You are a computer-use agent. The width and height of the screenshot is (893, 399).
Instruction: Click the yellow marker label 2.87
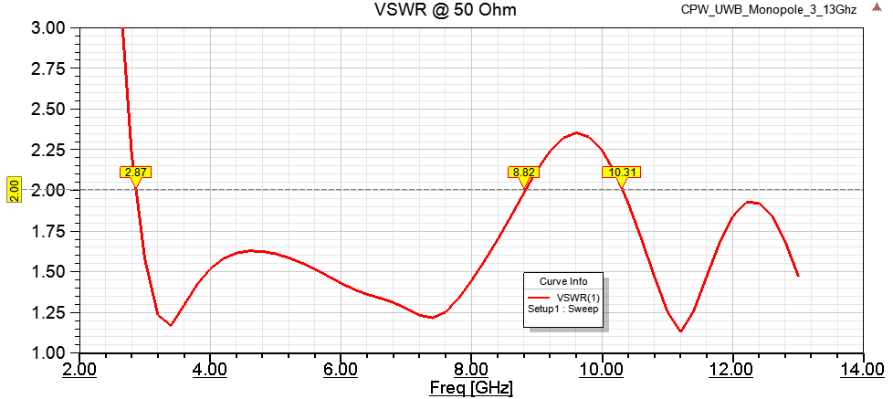[x=135, y=172]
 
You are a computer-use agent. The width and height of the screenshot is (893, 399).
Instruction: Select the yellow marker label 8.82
[x=523, y=172]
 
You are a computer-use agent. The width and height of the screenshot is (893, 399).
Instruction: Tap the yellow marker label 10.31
[x=621, y=172]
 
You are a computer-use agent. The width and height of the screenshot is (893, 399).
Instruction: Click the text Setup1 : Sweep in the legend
[x=562, y=310]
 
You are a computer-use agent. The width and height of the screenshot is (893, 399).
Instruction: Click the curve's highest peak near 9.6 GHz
[x=576, y=132]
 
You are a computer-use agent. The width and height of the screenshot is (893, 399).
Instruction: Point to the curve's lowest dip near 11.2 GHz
[x=680, y=331]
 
